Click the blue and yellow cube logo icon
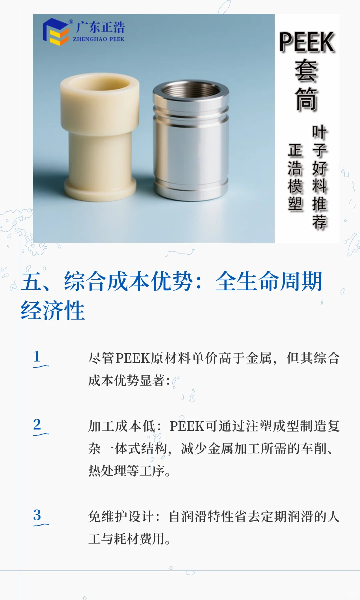pyautogui.click(x=55, y=32)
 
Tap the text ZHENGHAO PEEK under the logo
pyautogui.click(x=99, y=39)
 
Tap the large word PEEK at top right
pyautogui.click(x=307, y=42)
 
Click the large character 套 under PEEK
pyautogui.click(x=306, y=71)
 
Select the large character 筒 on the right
pyautogui.click(x=306, y=99)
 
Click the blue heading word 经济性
pyautogui.click(x=53, y=310)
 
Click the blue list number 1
pyautogui.click(x=37, y=356)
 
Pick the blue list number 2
pyautogui.click(x=37, y=424)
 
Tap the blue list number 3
pyautogui.click(x=37, y=515)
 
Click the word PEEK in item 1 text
pyautogui.click(x=133, y=358)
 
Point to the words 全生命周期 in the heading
pyautogui.click(x=269, y=282)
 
